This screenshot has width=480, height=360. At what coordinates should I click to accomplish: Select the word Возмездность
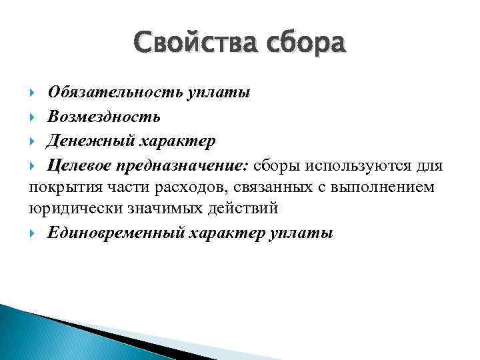click(x=103, y=117)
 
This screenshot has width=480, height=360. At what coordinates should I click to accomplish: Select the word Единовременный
click(x=115, y=234)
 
